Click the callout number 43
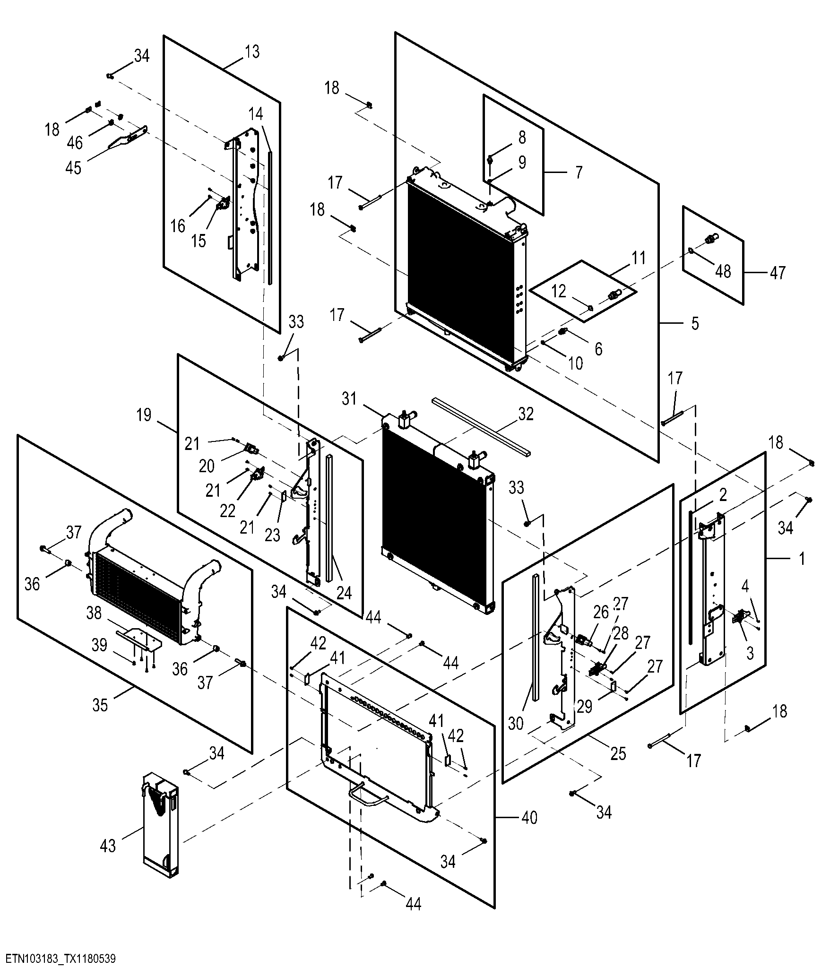pyautogui.click(x=108, y=845)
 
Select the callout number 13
pyautogui.click(x=252, y=52)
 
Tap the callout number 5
pyautogui.click(x=694, y=323)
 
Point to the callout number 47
pyautogui.click(x=777, y=273)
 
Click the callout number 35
pyautogui.click(x=100, y=705)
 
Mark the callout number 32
pyautogui.click(x=526, y=414)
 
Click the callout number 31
pyautogui.click(x=349, y=399)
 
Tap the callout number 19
pyautogui.click(x=144, y=415)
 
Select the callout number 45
pyautogui.click(x=73, y=168)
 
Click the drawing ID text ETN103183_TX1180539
pyautogui.click(x=60, y=959)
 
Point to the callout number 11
pyautogui.click(x=638, y=258)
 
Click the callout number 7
pyautogui.click(x=579, y=172)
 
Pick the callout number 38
pyautogui.click(x=94, y=613)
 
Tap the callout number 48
pyautogui.click(x=723, y=271)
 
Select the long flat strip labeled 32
pyautogui.click(x=481, y=426)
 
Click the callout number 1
pyautogui.click(x=801, y=559)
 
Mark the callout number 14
pyautogui.click(x=256, y=114)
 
